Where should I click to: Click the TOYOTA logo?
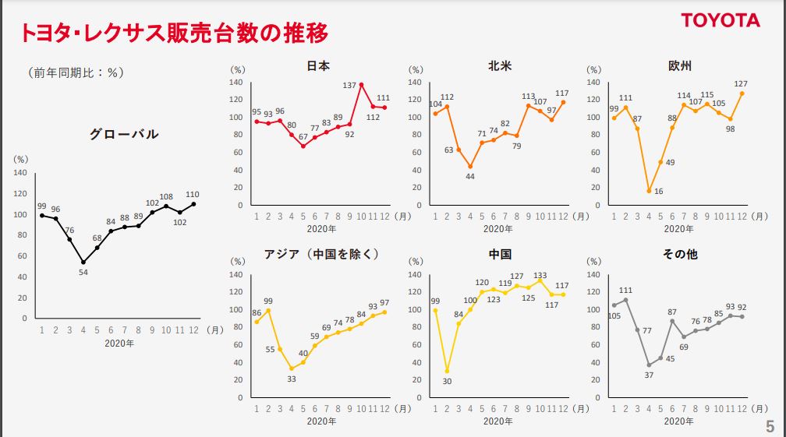pos(720,20)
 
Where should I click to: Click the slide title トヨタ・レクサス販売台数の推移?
pos(173,33)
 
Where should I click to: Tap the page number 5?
pos(770,426)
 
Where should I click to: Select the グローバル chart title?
pos(124,134)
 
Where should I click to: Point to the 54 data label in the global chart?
pos(83,272)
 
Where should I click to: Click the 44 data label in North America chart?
pos(470,177)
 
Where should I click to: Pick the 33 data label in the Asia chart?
pos(292,379)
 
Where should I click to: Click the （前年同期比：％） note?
pos(76,73)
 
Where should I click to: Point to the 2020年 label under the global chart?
pos(119,343)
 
